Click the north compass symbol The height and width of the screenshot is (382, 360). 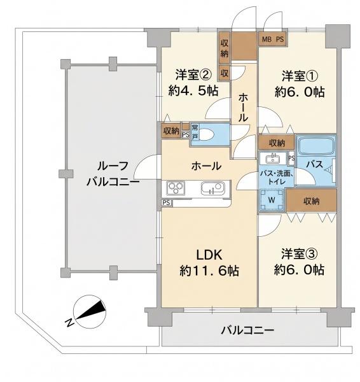(90, 312)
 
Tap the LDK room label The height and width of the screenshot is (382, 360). (209, 255)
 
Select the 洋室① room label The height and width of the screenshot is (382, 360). (300, 76)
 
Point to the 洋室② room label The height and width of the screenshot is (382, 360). (193, 74)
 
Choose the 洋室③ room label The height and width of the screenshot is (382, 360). (300, 253)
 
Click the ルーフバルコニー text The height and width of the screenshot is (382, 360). (113, 174)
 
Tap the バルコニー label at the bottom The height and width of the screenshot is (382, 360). (247, 330)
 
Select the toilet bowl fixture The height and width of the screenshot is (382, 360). (206, 134)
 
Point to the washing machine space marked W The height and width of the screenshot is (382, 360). (272, 200)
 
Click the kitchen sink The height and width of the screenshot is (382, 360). (212, 188)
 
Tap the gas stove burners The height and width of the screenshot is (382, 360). (176, 188)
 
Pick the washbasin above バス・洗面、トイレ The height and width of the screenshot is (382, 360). (273, 159)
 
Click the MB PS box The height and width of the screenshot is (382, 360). (273, 39)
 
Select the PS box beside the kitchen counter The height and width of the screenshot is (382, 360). (167, 202)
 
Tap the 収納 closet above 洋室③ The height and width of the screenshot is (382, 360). (311, 201)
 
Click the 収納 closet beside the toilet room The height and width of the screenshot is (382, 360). (171, 131)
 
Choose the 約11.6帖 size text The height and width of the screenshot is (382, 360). (209, 271)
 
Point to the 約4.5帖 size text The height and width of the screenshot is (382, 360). (193, 91)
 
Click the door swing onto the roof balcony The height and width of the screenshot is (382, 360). (146, 167)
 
